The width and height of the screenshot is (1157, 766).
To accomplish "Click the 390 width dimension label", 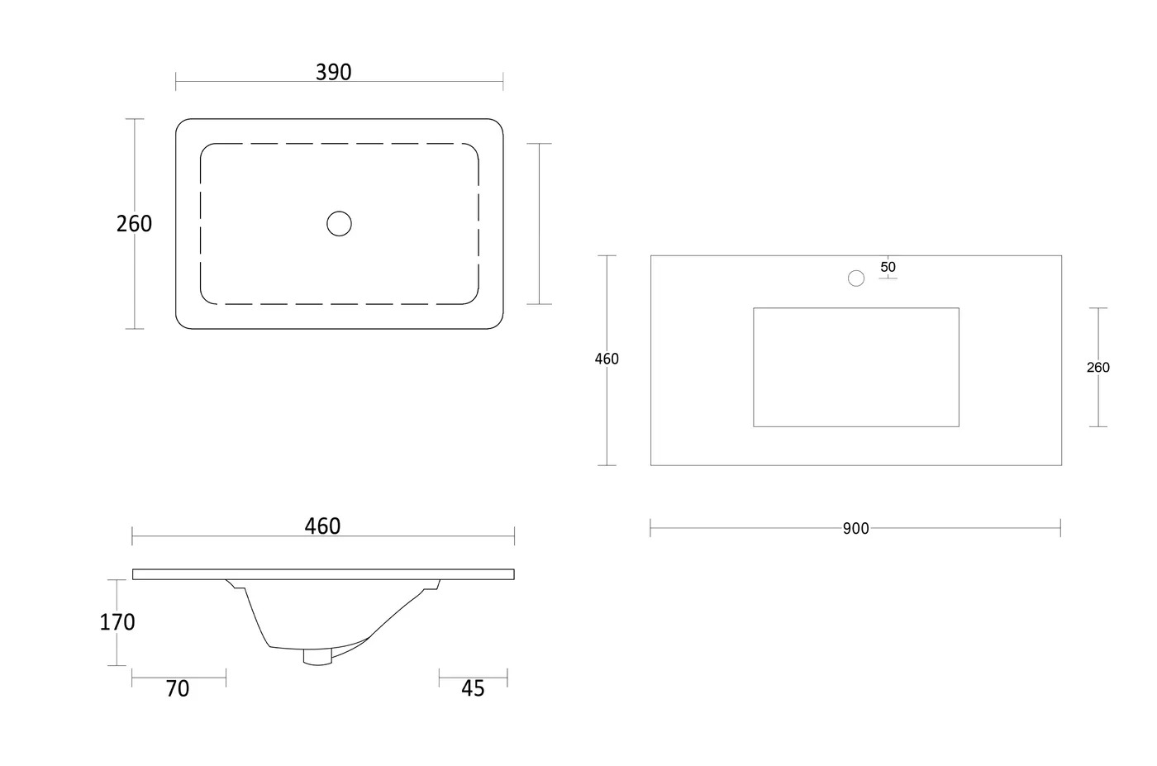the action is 334,73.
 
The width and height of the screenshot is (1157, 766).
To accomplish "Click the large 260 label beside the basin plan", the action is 134,224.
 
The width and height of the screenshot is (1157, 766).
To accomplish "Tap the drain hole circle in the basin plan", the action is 340,224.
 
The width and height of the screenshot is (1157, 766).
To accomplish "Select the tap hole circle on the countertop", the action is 856,278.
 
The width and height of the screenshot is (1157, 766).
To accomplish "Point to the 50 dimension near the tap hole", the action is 888,267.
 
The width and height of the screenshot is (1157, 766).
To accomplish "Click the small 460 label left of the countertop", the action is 607,359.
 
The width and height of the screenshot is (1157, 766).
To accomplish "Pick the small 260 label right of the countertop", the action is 1098,367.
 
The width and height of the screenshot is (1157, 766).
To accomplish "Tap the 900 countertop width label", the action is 856,528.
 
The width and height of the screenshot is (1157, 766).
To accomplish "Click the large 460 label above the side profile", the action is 322,526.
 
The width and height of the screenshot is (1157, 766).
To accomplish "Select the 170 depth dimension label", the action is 117,622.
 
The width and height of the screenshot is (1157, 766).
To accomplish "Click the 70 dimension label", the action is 178,688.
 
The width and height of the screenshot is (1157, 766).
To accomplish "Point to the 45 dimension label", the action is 473,688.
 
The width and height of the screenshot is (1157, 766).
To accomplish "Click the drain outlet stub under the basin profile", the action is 317,657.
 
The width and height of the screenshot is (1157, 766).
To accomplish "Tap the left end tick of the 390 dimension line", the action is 175,82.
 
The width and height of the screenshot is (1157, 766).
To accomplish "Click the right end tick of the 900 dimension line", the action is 1060,528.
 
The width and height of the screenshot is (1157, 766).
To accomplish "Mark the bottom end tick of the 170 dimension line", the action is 117,665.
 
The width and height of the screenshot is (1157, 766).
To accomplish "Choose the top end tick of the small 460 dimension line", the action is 607,255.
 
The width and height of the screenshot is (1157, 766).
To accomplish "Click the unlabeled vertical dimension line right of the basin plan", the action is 539,224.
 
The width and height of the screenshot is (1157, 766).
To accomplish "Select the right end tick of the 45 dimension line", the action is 507,678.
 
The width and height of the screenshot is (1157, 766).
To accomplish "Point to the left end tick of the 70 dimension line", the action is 132,678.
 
